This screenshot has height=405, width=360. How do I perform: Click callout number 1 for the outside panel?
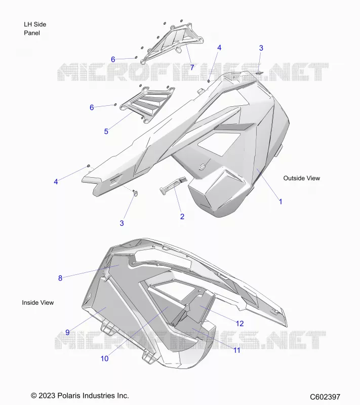[x=281, y=201]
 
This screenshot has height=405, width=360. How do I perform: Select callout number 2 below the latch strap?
[x=182, y=217]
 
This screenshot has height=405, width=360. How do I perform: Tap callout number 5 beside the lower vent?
[x=106, y=132]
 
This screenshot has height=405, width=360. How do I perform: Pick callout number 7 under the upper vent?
[x=192, y=67]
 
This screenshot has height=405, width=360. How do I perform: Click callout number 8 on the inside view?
[x=60, y=278]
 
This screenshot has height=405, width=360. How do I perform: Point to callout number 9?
[x=67, y=333]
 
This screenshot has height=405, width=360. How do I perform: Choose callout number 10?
[x=105, y=358]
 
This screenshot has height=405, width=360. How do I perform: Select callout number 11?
[x=237, y=350]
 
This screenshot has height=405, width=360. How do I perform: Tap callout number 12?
[x=239, y=323]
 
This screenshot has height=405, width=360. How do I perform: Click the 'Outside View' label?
[x=302, y=178]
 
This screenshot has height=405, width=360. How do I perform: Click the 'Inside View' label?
[x=37, y=303]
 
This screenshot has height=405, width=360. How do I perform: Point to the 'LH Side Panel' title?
[x=35, y=29]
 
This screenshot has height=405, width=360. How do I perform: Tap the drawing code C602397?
[x=325, y=397]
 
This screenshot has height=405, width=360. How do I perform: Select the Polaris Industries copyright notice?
[x=80, y=396]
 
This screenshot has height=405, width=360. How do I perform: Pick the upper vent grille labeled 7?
[x=172, y=44]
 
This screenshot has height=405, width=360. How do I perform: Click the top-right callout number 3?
[x=261, y=48]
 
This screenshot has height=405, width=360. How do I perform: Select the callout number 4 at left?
[x=56, y=182]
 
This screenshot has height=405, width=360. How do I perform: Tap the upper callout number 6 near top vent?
[x=113, y=60]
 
